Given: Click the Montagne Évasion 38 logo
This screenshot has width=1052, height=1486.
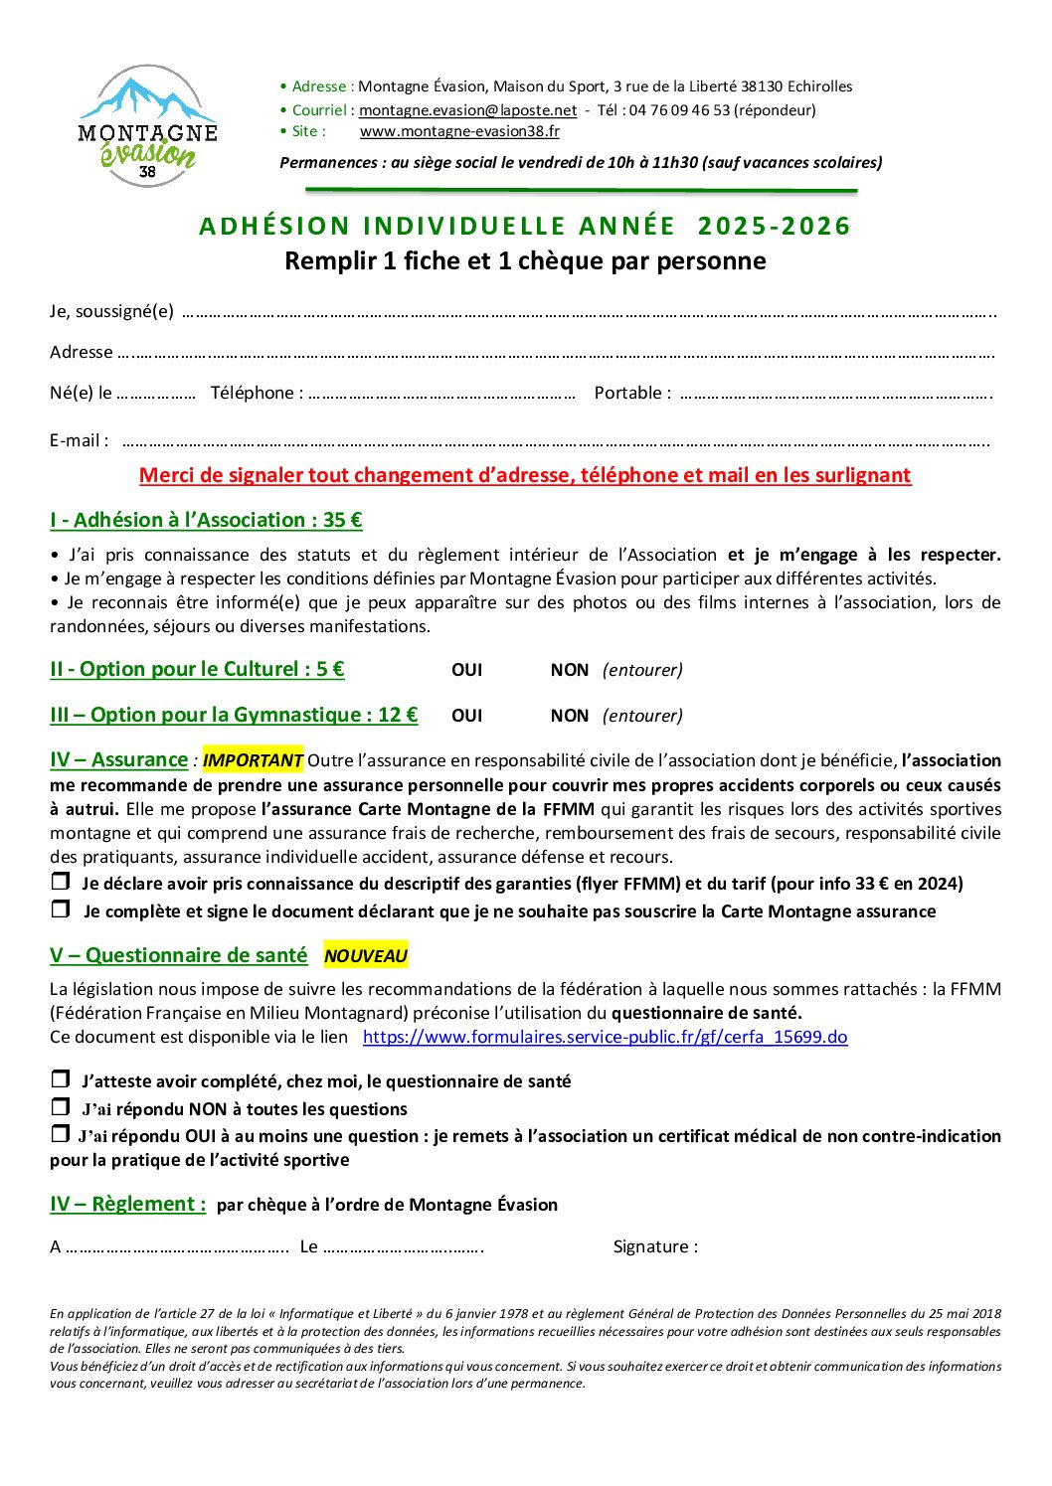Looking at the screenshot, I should [147, 126].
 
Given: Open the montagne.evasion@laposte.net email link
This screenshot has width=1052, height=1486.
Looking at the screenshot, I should [467, 110].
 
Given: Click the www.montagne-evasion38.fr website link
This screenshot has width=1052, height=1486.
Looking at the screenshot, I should [459, 131].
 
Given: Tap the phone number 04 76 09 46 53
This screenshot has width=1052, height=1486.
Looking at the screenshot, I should [679, 110].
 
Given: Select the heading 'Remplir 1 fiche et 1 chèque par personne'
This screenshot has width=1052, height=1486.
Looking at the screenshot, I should [525, 261].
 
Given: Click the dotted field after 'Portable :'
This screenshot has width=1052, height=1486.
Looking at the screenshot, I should [835, 395].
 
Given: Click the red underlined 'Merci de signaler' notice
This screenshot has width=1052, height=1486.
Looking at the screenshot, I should [525, 475].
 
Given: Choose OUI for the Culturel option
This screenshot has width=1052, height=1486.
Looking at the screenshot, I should [466, 670].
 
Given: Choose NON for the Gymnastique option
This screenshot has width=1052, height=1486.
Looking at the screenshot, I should [570, 716].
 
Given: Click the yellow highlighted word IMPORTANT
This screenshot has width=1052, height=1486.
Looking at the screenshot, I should [253, 760].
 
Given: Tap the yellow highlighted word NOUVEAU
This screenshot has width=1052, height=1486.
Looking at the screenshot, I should [366, 956].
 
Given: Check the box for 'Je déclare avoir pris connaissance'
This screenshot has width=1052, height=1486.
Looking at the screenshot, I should [61, 882].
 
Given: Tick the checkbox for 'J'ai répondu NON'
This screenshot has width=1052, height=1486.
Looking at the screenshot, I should [61, 1107].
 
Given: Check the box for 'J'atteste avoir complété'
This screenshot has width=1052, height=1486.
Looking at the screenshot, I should [61, 1079].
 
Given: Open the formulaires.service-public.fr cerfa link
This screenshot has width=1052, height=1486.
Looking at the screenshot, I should [605, 1037].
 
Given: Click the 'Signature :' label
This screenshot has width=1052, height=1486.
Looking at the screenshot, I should [655, 1246].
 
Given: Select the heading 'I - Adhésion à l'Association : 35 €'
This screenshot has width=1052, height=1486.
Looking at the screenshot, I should [206, 520].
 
